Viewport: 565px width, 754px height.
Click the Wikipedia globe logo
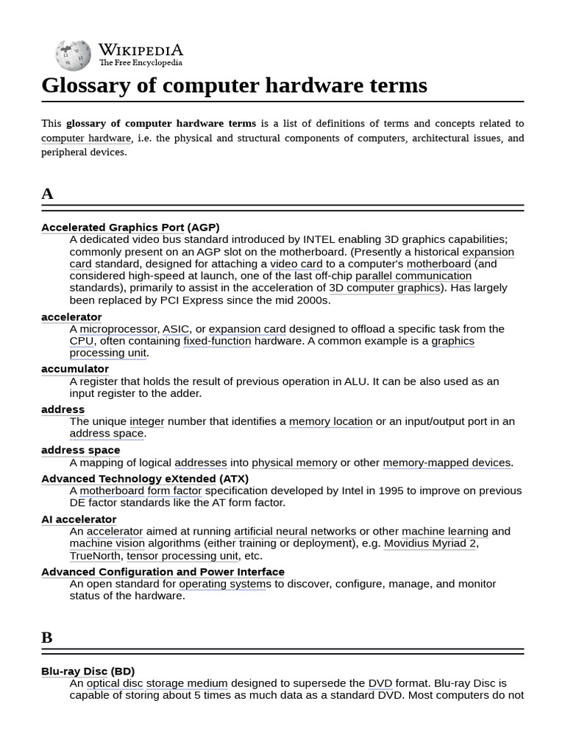(73, 55)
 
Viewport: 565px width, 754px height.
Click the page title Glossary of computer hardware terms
(234, 85)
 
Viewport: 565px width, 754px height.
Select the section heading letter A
(47, 194)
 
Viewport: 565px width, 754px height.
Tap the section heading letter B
(47, 638)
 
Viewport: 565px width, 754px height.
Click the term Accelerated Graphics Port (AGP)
(130, 228)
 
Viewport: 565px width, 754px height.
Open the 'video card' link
(296, 264)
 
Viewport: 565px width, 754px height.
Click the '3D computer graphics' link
(385, 288)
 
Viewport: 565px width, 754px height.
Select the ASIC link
(176, 329)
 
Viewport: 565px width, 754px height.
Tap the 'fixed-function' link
(217, 341)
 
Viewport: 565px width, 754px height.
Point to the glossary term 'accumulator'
(75, 369)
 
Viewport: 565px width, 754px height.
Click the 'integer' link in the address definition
(147, 422)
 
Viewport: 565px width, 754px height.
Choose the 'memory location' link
(330, 422)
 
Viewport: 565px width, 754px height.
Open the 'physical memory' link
(294, 463)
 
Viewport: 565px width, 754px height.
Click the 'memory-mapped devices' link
(447, 463)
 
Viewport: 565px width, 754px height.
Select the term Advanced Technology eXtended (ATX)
(145, 479)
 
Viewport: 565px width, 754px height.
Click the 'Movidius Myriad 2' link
(430, 543)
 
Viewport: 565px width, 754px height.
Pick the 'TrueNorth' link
(96, 556)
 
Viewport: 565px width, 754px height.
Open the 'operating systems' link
(225, 584)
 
